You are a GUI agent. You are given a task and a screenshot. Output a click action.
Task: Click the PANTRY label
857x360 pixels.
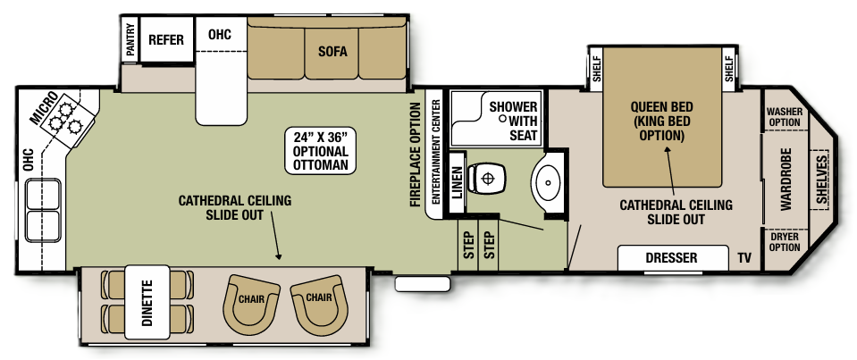point(130,39)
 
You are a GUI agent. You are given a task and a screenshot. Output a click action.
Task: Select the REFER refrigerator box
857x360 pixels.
point(165,39)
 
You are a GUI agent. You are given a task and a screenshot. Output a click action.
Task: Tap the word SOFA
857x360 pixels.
point(332,51)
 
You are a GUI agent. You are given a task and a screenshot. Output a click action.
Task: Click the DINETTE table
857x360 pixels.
point(147,303)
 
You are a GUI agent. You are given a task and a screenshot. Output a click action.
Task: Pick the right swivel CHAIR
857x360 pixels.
point(318,299)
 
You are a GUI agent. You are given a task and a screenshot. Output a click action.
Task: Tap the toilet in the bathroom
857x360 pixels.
point(487,179)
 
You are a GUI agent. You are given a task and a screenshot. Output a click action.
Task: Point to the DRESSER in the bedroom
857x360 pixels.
point(671,258)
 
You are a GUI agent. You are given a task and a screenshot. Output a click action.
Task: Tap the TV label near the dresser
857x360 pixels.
point(744,258)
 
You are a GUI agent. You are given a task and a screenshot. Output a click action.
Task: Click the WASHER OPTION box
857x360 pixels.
point(784,117)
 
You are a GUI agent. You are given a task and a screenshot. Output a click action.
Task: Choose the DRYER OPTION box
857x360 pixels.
point(784,241)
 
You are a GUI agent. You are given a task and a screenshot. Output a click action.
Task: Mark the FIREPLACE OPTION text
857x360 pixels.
point(416,154)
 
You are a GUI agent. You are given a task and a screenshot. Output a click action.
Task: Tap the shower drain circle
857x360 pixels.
point(502,118)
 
